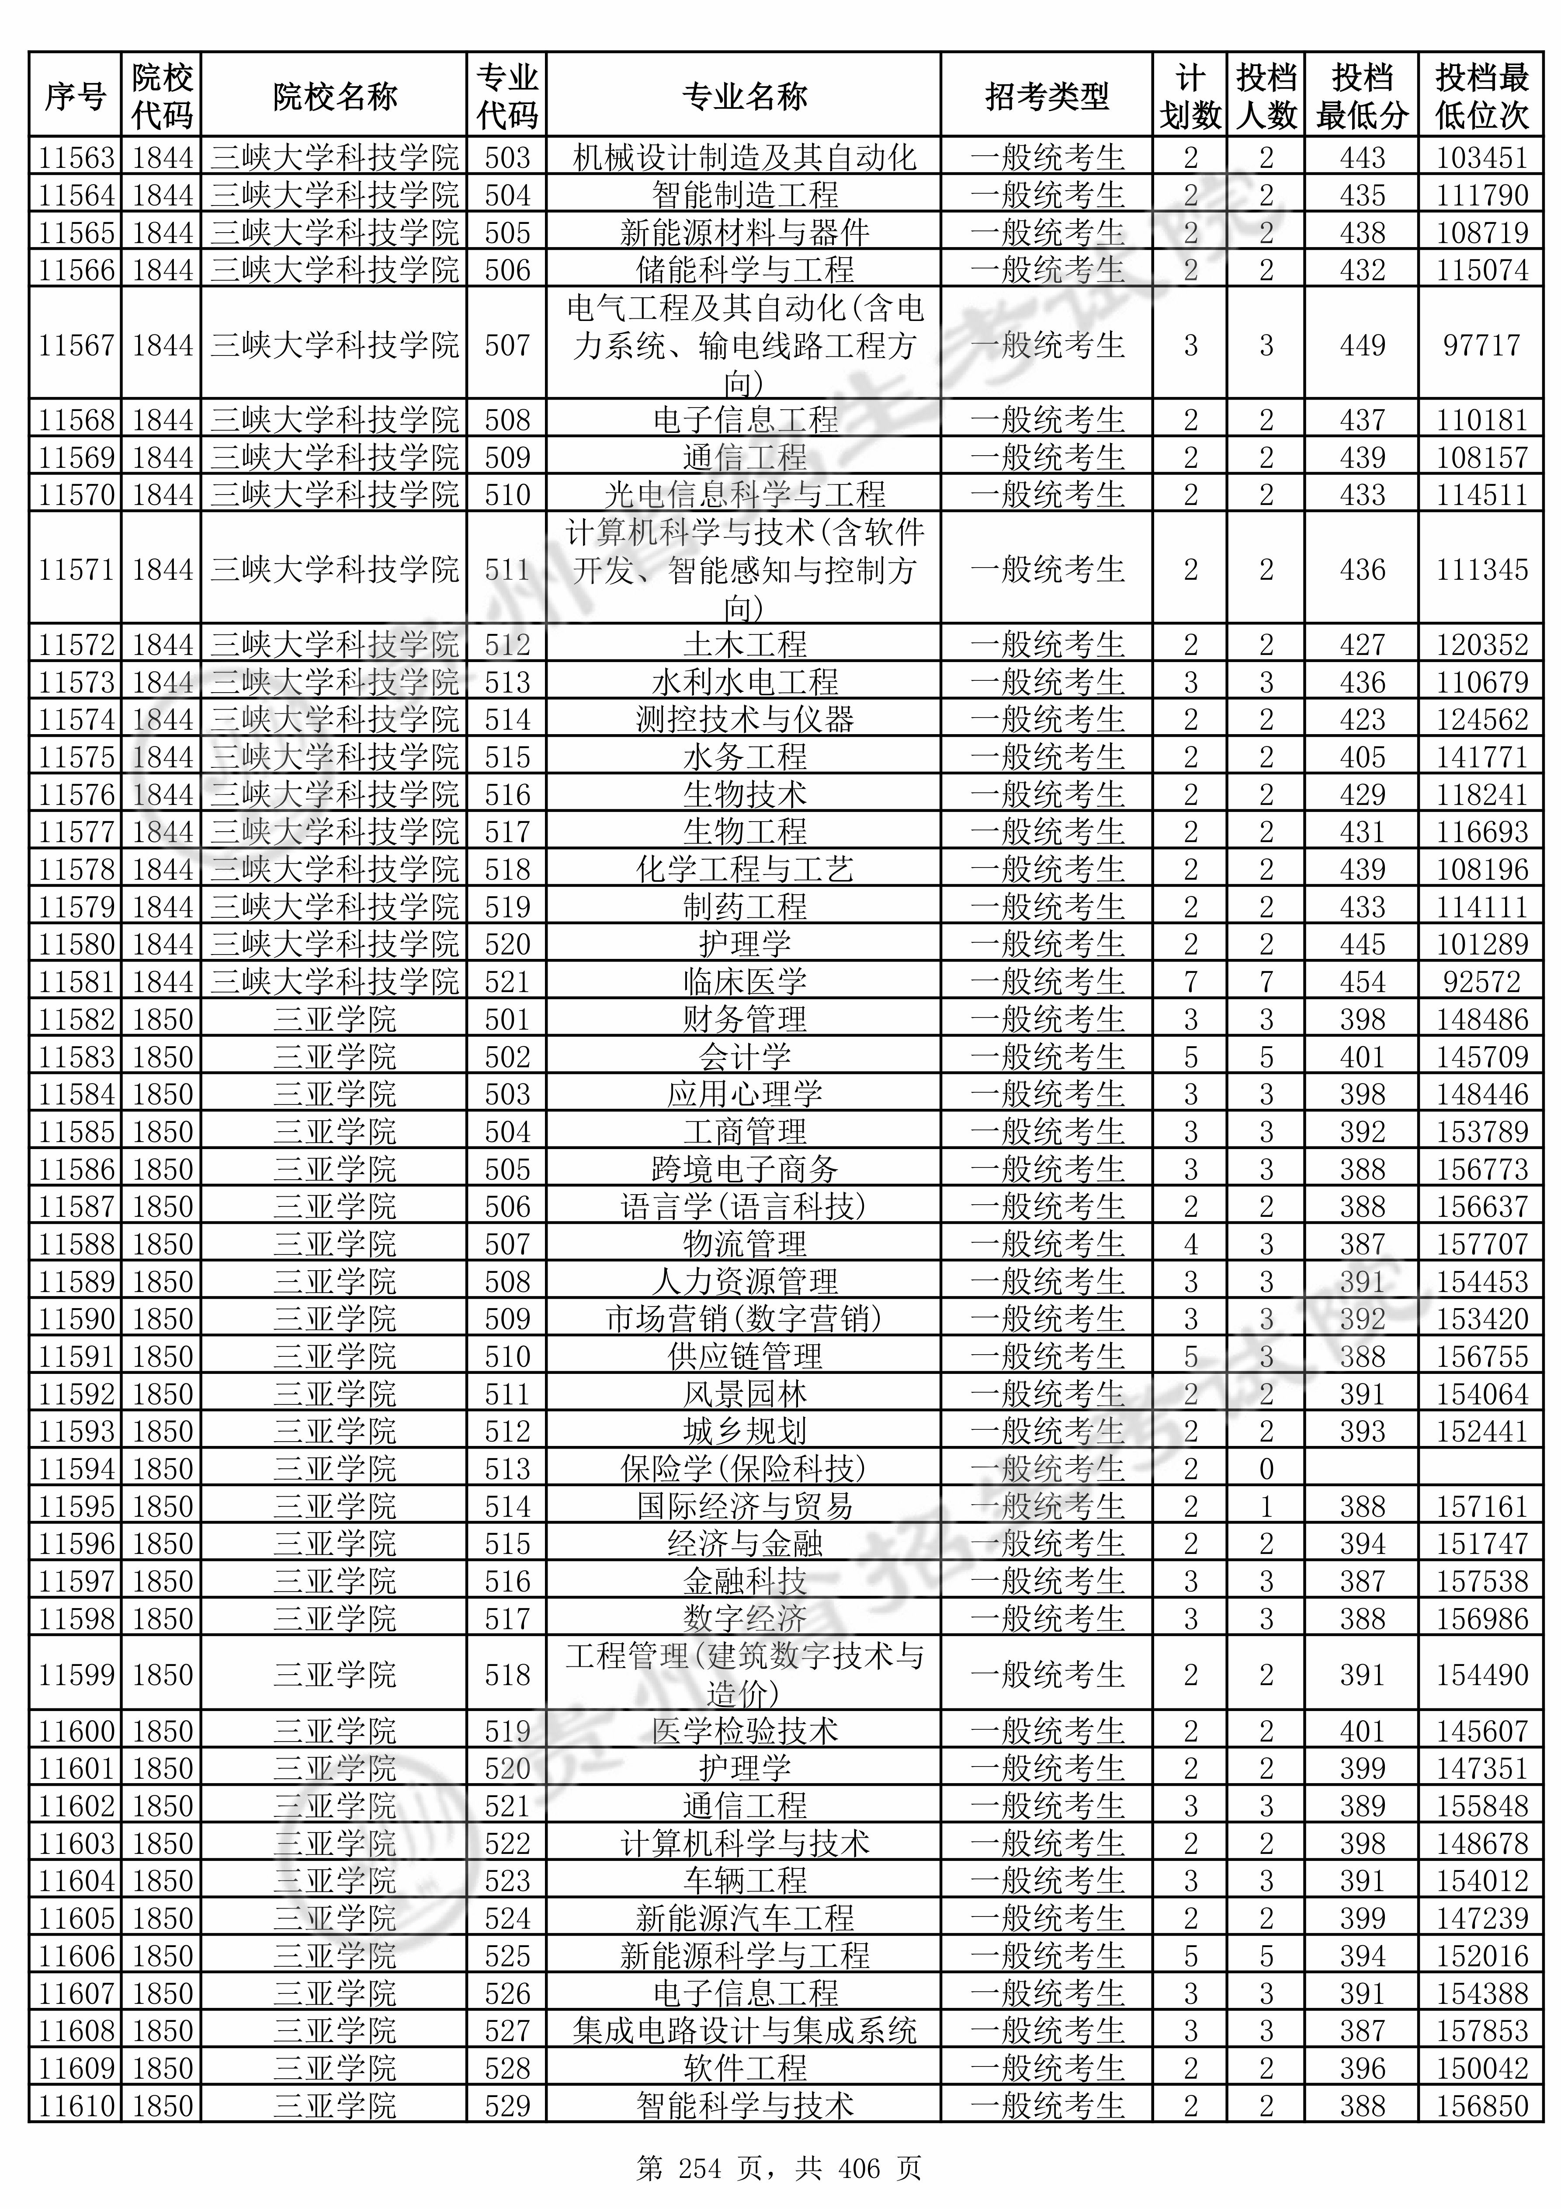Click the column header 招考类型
click(1047, 96)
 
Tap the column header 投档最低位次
click(1481, 96)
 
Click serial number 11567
click(76, 345)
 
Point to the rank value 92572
click(1481, 981)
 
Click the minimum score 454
click(1362, 981)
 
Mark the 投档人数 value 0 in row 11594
click(1266, 1468)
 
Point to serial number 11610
click(76, 2106)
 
